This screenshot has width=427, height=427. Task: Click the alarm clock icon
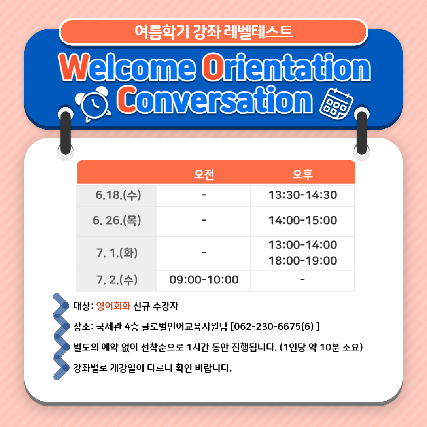(93, 104)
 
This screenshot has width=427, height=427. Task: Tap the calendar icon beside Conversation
(336, 104)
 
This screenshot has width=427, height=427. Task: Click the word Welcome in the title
(127, 67)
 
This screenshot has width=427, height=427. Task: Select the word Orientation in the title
(286, 67)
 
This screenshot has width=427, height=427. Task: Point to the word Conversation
(215, 100)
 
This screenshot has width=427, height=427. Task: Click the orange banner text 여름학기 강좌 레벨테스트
(213, 32)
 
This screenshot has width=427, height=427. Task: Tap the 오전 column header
(204, 174)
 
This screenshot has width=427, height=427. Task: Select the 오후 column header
(302, 174)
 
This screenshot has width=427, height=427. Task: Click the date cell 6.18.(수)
(118, 195)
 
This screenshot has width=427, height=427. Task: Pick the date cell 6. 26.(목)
(117, 220)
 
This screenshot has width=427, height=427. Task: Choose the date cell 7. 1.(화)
(117, 253)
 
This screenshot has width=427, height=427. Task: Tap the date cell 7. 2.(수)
(117, 280)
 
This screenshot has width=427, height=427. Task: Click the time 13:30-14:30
(302, 195)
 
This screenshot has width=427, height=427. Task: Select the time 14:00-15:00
(302, 220)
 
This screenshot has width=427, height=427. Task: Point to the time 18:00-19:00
(302, 261)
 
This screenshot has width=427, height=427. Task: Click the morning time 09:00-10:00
(204, 280)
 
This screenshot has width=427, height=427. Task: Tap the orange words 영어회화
(113, 306)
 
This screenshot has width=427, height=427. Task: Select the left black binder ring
(66, 133)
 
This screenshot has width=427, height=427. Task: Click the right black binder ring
(362, 133)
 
